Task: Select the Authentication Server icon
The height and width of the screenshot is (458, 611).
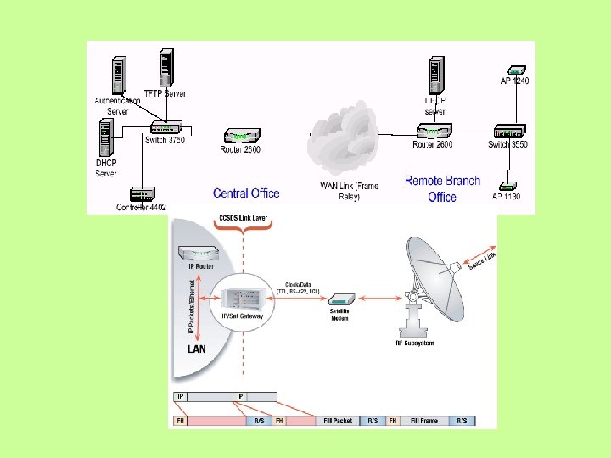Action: point(118,75)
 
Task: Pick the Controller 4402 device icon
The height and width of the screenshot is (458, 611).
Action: point(142,194)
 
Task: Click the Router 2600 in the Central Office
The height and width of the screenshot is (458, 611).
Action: point(242,135)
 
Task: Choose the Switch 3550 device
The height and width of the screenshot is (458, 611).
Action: point(509,131)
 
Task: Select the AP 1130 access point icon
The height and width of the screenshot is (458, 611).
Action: point(507,186)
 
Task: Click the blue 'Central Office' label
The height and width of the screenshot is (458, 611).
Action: point(246,193)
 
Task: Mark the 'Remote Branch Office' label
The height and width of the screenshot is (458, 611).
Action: point(442,188)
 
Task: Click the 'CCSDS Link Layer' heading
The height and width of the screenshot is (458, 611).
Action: point(243,218)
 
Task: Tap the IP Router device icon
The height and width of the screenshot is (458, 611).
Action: point(197,252)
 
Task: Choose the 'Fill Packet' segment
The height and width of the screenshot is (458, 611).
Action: point(337,421)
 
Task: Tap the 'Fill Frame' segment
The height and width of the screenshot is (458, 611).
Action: point(424,421)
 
